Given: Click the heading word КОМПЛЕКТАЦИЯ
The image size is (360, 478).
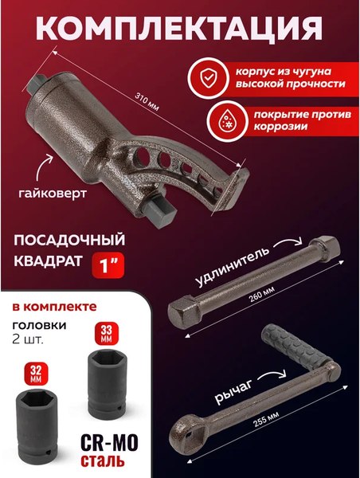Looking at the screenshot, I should pos(179,29).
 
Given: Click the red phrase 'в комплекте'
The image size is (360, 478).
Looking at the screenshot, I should pos(55,305).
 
